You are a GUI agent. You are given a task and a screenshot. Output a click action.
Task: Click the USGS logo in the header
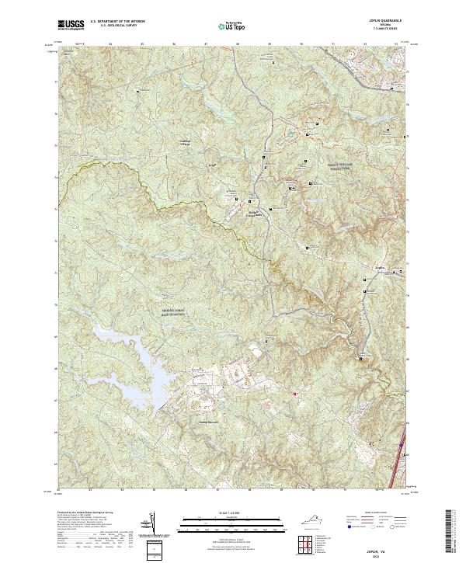coord(73,25)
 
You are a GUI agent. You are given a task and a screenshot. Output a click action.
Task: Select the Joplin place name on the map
coord(381,269)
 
